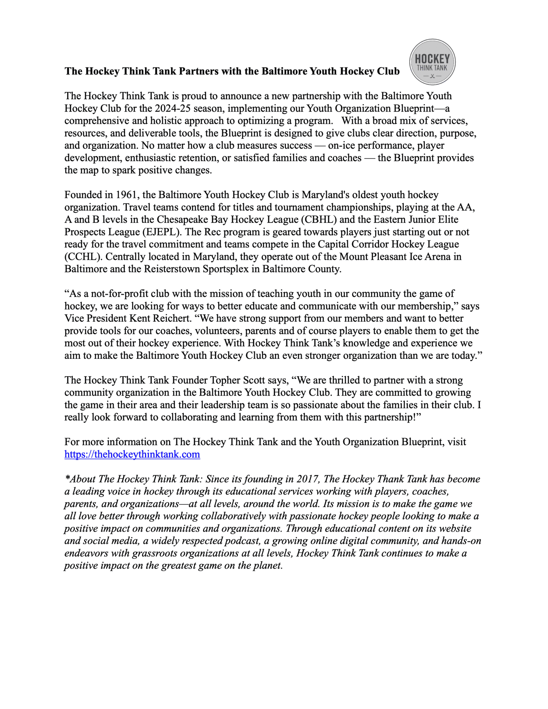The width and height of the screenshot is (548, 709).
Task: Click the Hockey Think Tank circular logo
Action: pos(432,62)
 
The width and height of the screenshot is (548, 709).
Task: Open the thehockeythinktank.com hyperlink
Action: pos(132,454)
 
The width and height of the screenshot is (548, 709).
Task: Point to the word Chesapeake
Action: pos(182,219)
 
